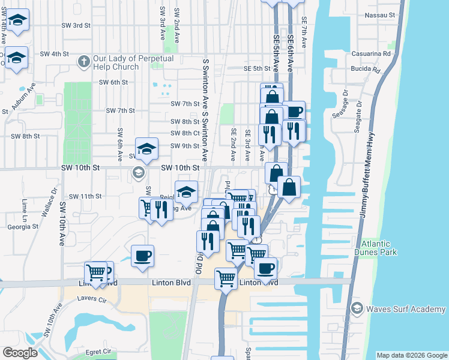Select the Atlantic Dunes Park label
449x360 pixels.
(x=384, y=248)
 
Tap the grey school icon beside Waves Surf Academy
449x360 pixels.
(x=357, y=308)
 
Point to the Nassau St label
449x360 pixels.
(x=382, y=14)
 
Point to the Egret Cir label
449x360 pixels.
(x=98, y=351)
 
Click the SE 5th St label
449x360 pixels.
(x=258, y=69)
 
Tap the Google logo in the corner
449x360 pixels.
(x=20, y=353)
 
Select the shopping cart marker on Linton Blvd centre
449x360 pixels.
(x=226, y=278)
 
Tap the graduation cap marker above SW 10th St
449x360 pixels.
(x=146, y=149)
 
